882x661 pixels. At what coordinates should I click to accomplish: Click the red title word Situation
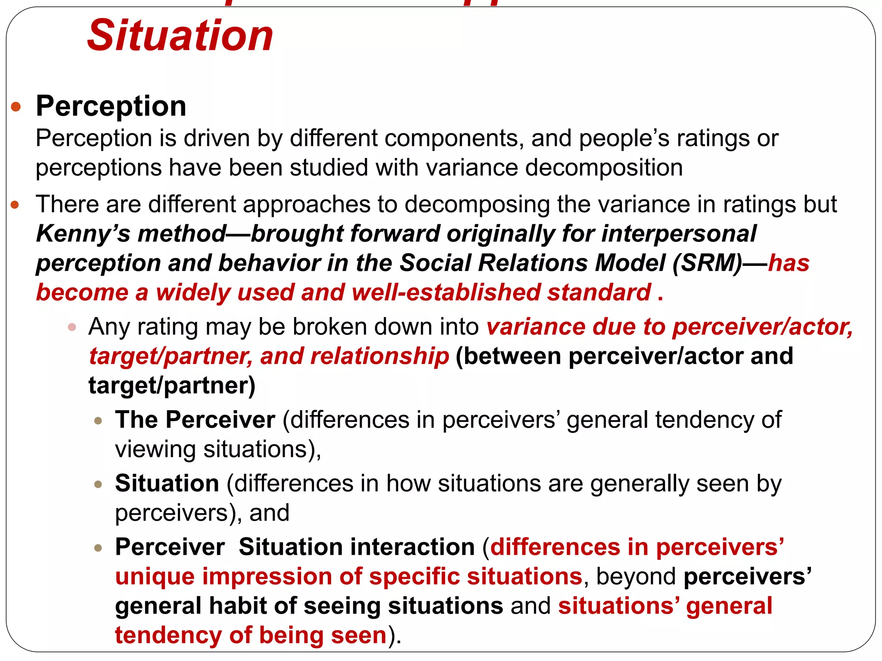point(180,36)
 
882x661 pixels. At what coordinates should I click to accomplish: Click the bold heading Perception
point(111,106)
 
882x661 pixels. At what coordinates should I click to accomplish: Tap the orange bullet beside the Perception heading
point(16,106)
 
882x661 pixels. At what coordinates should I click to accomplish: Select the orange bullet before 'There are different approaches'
point(15,205)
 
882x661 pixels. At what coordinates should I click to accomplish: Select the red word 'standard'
point(599,293)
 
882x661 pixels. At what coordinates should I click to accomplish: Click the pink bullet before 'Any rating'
point(72,327)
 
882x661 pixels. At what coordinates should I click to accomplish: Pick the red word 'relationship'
point(379,356)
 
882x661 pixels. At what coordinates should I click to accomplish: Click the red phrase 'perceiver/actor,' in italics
point(763,327)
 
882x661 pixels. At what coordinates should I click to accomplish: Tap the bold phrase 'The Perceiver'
point(195,420)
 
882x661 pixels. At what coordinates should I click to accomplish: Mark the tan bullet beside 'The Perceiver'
point(98,420)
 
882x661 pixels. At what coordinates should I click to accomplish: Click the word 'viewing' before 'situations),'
point(155,449)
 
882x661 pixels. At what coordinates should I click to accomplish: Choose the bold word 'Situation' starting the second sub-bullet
point(167,483)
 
